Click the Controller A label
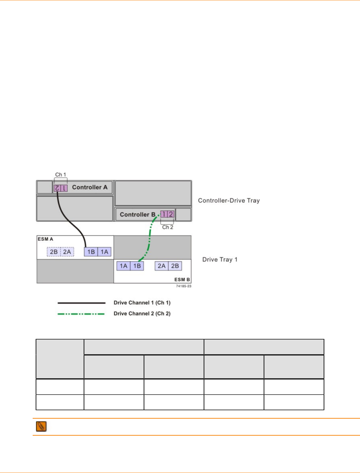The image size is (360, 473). click(90, 187)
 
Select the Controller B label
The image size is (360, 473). click(137, 214)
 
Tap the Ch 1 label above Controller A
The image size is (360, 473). click(61, 174)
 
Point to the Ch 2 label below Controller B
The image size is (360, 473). click(168, 227)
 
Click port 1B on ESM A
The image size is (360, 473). click(91, 252)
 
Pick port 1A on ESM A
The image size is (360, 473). click(104, 252)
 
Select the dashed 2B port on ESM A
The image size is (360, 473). click(54, 252)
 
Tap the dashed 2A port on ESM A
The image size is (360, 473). click(67, 252)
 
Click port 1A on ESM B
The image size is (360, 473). click(123, 266)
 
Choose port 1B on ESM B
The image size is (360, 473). click(137, 266)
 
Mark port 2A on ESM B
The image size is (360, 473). click(162, 266)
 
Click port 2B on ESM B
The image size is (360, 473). click(175, 266)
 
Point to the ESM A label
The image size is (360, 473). click(45, 239)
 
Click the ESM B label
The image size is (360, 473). click(182, 280)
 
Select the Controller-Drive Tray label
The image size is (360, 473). click(229, 200)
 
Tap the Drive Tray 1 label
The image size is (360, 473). click(220, 260)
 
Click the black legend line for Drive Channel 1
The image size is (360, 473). click(81, 303)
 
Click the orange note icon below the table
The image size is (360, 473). click(41, 426)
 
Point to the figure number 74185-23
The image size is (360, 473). click(184, 286)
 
